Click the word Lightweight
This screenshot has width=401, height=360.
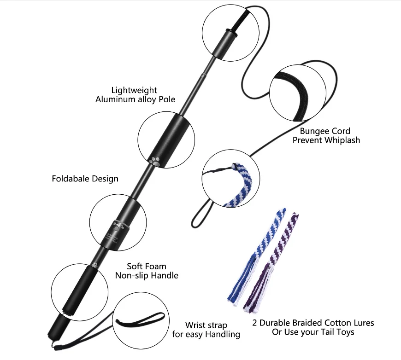click(134, 90)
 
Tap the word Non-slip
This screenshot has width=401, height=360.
click(131, 275)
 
